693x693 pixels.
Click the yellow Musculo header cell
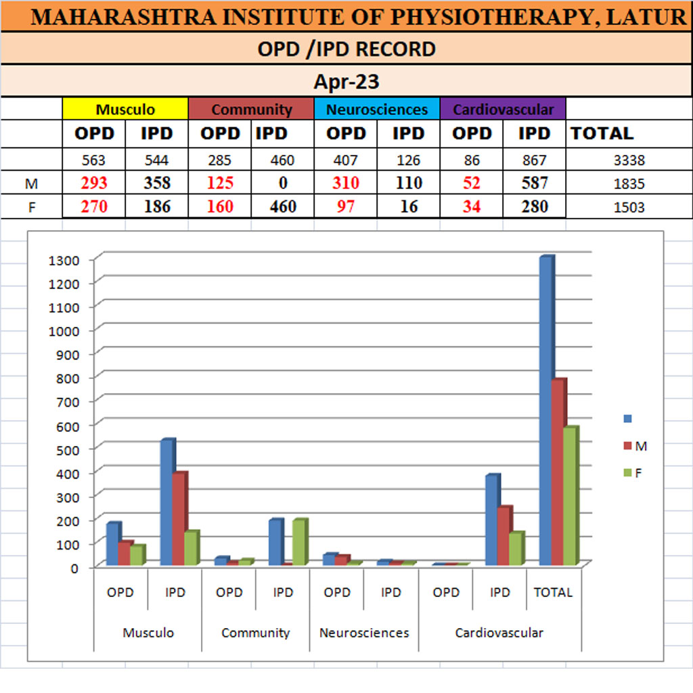[x=125, y=109]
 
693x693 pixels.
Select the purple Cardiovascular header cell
[x=503, y=109]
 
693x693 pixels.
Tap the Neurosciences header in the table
[x=377, y=109]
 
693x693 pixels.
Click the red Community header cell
[x=251, y=109]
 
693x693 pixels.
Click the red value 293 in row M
[x=94, y=183]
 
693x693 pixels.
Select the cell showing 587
[x=534, y=183]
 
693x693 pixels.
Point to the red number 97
[x=346, y=207]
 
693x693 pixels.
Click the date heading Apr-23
[x=346, y=83]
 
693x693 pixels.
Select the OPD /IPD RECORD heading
[x=346, y=49]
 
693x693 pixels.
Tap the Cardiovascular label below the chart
[x=499, y=633]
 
